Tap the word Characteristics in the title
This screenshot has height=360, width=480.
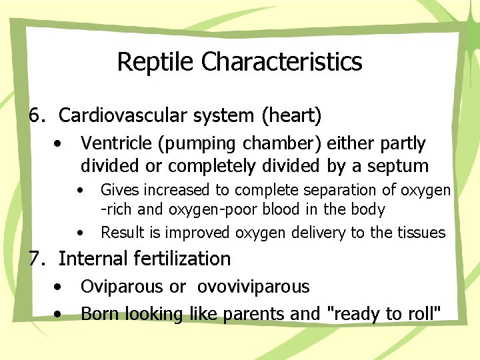point(281,62)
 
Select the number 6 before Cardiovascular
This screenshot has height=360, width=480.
point(35,116)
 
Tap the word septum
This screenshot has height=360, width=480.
point(402,166)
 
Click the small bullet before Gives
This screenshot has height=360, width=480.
point(80,191)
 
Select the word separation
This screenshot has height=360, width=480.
point(323,191)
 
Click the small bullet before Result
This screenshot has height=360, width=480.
point(80,233)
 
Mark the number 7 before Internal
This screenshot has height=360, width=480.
point(35,258)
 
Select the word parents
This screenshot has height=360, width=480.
point(256,314)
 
